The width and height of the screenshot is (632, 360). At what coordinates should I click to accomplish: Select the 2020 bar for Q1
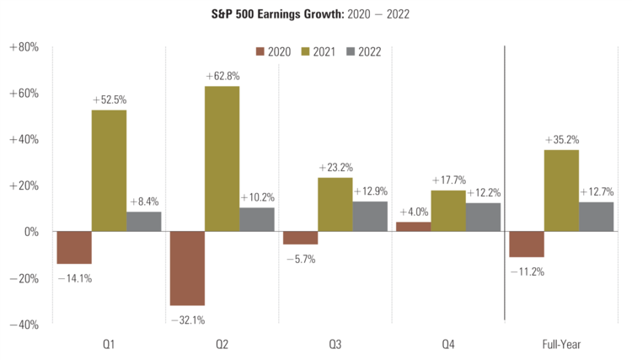74,247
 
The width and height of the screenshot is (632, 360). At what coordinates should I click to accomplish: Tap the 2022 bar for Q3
370,216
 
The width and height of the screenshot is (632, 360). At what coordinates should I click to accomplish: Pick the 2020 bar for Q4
413,227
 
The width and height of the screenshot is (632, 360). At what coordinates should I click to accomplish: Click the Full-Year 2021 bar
561,191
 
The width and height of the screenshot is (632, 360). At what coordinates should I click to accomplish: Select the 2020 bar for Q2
187,268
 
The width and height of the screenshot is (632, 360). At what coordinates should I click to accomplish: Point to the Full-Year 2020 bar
526,244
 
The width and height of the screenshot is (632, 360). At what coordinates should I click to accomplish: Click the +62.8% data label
222,77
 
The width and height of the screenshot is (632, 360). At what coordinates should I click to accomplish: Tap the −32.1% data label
188,320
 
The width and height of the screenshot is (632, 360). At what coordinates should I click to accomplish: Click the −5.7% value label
299,259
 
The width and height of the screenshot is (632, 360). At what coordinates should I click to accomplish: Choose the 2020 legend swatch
259,52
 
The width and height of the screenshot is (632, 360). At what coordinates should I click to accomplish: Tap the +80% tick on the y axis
24,47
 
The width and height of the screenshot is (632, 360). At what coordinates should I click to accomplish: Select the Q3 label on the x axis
335,344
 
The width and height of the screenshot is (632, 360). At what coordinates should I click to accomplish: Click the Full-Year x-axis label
561,344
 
